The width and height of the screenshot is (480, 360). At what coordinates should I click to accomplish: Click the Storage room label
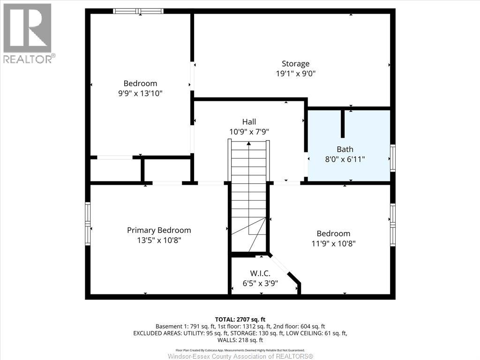coord(295,64)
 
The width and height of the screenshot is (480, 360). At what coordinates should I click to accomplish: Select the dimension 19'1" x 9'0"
coord(295,74)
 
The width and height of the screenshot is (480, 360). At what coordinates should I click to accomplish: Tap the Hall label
coord(249,122)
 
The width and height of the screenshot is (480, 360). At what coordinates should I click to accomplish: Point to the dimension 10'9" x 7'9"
coord(249,132)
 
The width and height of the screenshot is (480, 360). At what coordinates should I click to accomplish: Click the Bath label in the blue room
coord(345,150)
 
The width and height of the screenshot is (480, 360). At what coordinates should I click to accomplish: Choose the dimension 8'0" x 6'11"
coord(345,159)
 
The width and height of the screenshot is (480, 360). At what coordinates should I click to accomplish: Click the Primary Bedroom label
coord(159,230)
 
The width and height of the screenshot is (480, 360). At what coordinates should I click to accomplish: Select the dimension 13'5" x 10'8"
coord(159,240)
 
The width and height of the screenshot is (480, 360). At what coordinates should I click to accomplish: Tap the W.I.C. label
coord(260,273)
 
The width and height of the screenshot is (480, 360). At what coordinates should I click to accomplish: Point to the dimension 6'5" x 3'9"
coord(260,284)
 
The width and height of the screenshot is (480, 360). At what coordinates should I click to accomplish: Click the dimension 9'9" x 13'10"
coord(140,93)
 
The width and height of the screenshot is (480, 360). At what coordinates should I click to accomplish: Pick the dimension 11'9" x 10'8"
coord(333,244)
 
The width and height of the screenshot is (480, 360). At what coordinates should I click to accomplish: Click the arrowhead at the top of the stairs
coord(249,143)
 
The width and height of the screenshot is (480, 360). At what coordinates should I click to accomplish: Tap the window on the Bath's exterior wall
coord(393,157)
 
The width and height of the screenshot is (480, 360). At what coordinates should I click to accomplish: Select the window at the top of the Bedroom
coord(138,11)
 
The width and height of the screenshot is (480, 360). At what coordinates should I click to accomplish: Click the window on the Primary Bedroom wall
coord(88,224)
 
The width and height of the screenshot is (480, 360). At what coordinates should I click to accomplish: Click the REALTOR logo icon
coord(27,28)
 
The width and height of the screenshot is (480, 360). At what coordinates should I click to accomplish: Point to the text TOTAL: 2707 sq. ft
coord(240,320)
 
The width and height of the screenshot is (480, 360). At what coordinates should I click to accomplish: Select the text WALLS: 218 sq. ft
coord(240,340)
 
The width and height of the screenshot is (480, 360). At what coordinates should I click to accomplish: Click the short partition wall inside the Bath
coord(343,123)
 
